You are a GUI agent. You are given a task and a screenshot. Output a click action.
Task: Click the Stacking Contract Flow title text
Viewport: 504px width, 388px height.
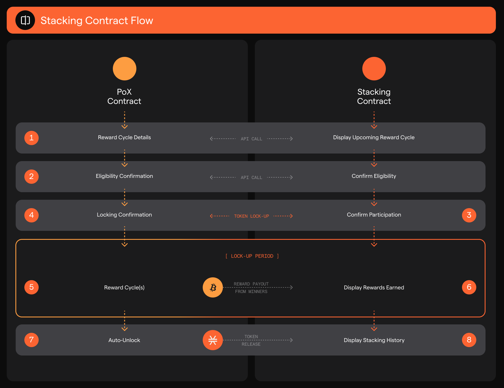tap(97, 20)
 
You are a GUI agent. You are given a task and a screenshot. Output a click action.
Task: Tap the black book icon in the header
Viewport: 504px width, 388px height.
tap(25, 20)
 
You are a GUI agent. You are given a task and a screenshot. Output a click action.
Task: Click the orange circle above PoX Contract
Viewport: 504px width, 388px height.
tap(125, 69)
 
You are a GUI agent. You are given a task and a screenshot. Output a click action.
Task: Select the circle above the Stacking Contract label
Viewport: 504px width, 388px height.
tap(374, 69)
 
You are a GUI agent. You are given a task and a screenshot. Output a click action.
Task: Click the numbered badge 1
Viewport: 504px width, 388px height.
tap(31, 138)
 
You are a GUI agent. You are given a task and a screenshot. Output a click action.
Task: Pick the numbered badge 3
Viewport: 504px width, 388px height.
tap(469, 215)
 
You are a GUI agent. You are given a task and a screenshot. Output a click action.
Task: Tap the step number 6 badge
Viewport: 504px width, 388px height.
tap(469, 287)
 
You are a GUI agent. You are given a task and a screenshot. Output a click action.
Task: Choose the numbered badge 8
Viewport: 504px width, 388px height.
tap(469, 340)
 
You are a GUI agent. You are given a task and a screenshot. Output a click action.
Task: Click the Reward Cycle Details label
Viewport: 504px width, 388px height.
tap(124, 138)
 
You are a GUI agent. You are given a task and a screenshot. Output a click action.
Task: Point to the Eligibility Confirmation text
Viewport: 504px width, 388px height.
tap(124, 176)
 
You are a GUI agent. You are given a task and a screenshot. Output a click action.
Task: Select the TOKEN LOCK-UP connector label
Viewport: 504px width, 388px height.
tap(251, 216)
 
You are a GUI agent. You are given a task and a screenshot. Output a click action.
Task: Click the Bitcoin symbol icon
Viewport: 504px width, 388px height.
tap(213, 287)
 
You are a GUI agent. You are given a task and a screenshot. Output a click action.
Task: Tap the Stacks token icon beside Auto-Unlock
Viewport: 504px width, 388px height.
tap(213, 340)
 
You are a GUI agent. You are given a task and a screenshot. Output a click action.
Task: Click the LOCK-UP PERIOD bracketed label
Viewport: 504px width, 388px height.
tap(252, 256)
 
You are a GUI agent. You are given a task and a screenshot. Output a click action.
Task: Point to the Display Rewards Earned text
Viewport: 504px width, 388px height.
tap(374, 288)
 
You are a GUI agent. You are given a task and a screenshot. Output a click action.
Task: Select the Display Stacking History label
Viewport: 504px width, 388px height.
tap(374, 340)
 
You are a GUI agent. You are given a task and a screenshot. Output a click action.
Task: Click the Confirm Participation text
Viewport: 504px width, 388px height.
tap(374, 215)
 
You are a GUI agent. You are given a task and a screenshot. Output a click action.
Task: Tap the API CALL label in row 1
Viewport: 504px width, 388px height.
tap(251, 139)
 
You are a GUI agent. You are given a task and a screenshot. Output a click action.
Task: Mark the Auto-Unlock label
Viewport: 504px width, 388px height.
tap(124, 340)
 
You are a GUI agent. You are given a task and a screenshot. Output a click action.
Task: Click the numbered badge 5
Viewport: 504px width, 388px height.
tap(31, 287)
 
